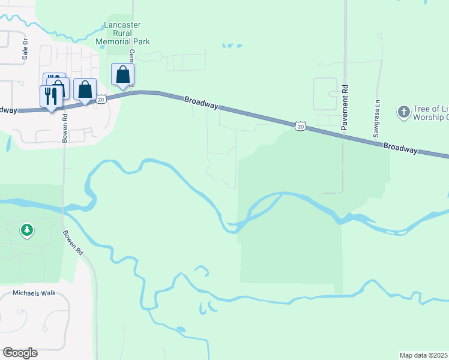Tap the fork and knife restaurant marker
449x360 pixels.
click(51, 95)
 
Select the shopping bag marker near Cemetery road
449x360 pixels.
click(122, 75)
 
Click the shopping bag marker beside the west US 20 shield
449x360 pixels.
click(85, 89)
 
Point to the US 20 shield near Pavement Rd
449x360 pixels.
click(301, 125)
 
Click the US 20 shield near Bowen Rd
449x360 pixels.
click(101, 99)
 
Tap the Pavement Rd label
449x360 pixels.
click(345, 108)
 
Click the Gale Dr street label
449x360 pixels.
click(25, 46)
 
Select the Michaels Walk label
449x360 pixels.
click(34, 293)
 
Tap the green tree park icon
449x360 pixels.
click(26, 230)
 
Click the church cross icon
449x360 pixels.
click(403, 112)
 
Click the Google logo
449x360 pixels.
click(20, 353)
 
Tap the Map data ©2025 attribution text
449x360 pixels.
click(424, 355)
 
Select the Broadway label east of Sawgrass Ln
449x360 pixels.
click(400, 147)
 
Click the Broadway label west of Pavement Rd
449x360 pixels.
click(201, 103)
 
